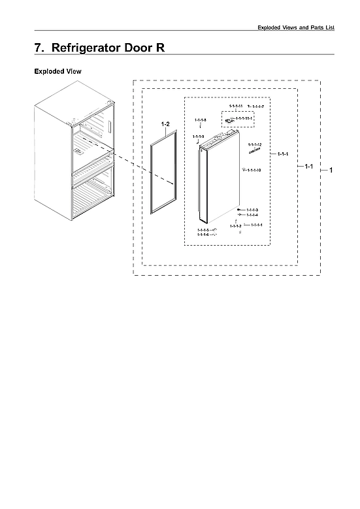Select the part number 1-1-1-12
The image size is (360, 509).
tap(255, 144)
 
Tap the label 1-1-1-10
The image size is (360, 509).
tap(254, 170)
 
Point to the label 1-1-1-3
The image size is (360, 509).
tap(252, 209)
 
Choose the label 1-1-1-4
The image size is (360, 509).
tap(252, 215)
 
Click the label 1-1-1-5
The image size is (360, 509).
tap(203, 230)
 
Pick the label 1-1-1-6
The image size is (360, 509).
tap(203, 235)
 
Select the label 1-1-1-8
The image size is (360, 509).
tap(201, 120)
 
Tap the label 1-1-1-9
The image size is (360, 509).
tap(199, 136)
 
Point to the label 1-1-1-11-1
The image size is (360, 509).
tap(244, 118)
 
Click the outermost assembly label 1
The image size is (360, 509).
tap(331, 170)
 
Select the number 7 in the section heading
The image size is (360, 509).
tap(38, 48)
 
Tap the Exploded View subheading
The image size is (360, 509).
tap(57, 71)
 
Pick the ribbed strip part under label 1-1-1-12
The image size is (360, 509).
tap(254, 150)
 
